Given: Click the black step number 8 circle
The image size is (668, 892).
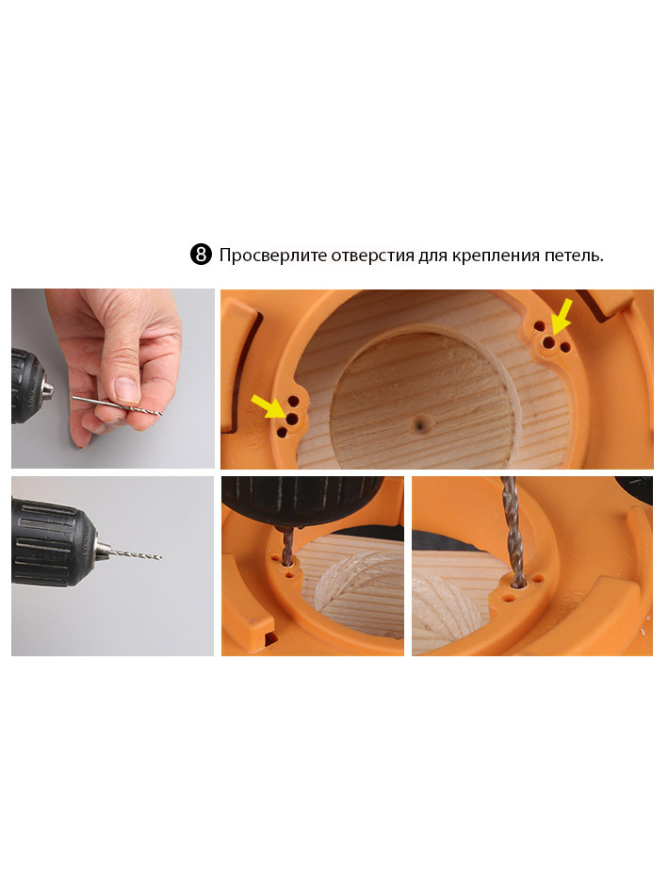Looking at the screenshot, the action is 201,255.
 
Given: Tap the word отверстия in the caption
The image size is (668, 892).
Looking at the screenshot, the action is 373,256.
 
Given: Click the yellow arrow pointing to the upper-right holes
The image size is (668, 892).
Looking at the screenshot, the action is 562,316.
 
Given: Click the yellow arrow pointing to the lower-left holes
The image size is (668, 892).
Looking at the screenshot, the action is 269,406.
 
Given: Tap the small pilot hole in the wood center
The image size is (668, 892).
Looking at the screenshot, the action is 421,423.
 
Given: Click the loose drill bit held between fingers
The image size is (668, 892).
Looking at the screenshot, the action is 117,405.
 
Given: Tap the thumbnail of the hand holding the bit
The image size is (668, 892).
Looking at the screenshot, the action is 113,378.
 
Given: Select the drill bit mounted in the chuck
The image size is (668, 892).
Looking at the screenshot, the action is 134,553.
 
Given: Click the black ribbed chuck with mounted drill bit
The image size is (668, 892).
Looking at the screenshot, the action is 54,543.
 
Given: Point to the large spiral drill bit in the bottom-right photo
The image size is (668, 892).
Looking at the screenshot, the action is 513,532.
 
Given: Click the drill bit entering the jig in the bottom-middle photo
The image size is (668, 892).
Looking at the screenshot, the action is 287,547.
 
